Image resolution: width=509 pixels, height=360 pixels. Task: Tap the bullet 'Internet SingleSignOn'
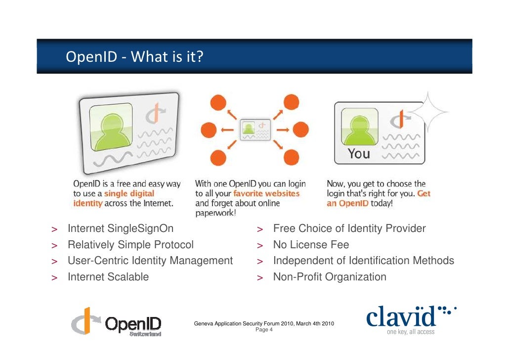(120, 229)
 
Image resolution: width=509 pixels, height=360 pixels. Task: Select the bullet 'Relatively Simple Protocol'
(130, 245)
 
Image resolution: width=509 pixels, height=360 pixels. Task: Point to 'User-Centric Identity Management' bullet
(150, 261)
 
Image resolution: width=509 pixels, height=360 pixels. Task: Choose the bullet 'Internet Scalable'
(108, 277)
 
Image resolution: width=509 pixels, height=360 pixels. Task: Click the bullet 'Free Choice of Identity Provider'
(349, 229)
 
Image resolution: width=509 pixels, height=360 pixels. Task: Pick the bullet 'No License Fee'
(311, 245)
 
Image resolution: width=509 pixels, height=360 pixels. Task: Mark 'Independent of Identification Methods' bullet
(363, 261)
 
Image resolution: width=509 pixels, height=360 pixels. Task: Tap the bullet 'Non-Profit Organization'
(330, 277)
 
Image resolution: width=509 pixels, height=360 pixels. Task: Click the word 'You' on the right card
(359, 154)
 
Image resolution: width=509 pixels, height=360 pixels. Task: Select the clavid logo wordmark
(401, 317)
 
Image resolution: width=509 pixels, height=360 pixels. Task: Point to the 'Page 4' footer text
(264, 329)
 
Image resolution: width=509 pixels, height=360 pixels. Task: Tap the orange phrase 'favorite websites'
(266, 193)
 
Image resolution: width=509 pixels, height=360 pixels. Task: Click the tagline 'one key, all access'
(410, 332)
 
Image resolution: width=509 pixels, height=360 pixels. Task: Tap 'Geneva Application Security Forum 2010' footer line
(264, 323)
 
